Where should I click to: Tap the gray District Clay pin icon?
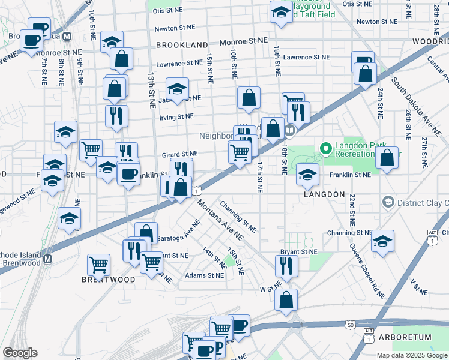coord(387,202)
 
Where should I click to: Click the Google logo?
coord(20,353)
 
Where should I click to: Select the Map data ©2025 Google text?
coord(412,355)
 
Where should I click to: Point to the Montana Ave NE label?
coord(220,221)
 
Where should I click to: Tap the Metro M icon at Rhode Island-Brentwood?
coord(48,259)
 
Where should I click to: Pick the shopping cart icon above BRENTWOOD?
coord(98,263)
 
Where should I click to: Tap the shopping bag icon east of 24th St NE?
coord(388,158)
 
